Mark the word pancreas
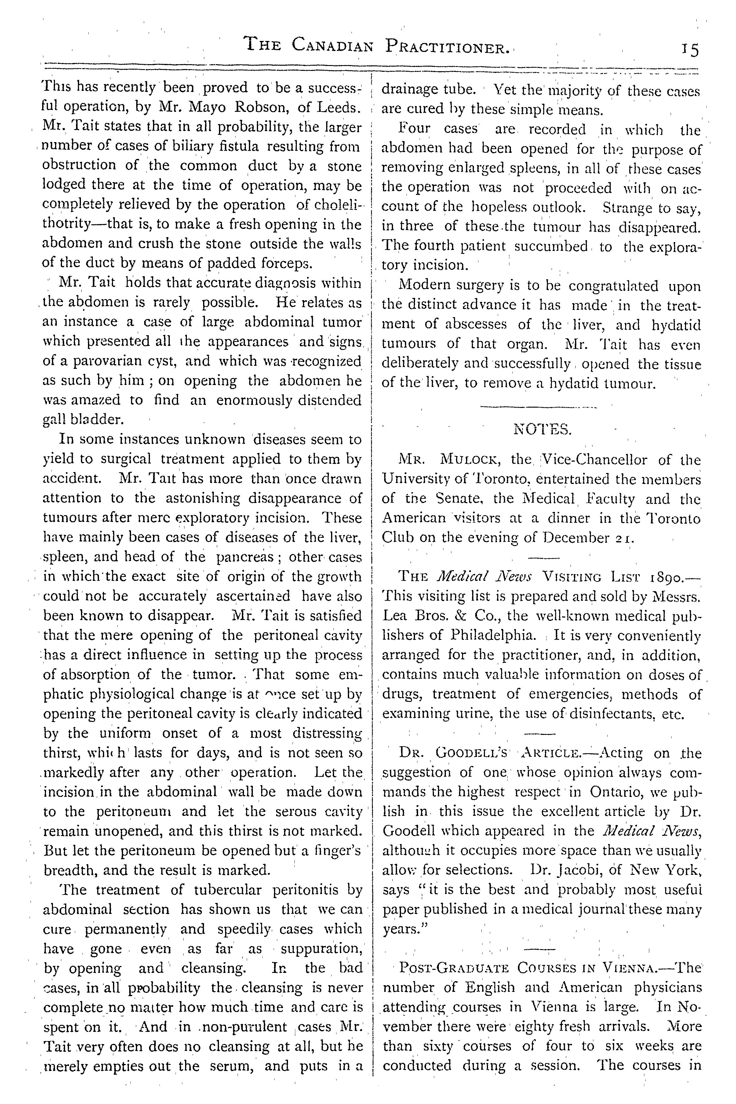245,557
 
